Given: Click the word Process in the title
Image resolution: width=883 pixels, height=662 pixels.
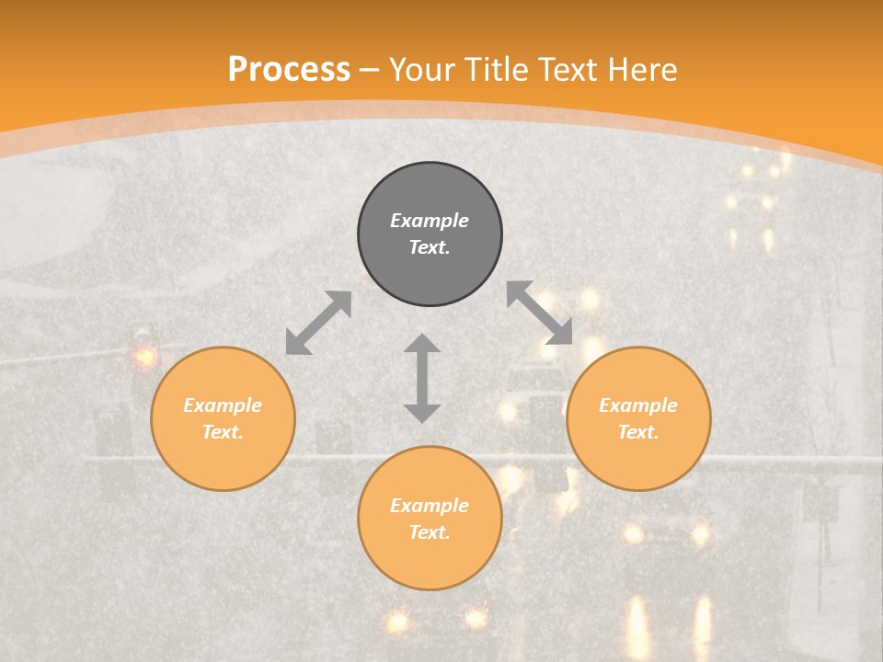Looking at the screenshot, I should click(289, 70).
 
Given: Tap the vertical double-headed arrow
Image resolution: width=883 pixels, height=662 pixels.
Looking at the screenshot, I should click(422, 378).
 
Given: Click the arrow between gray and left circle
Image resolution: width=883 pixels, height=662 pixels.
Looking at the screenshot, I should click(318, 323).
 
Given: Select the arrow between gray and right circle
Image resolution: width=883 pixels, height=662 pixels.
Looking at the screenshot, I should click(540, 313).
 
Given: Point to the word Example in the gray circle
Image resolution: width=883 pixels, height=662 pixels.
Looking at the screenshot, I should click(430, 221).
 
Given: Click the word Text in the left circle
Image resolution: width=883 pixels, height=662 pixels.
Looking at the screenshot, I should click(223, 432).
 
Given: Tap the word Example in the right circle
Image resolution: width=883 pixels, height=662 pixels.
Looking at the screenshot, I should click(638, 405).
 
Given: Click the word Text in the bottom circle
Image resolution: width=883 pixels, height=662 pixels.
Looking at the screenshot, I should click(430, 532).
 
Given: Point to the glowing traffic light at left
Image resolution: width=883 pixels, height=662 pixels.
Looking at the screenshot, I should click(144, 356).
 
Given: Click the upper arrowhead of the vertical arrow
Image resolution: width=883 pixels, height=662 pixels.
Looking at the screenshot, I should click(422, 344).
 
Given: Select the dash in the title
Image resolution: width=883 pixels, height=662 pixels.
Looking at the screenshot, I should click(370, 71).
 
